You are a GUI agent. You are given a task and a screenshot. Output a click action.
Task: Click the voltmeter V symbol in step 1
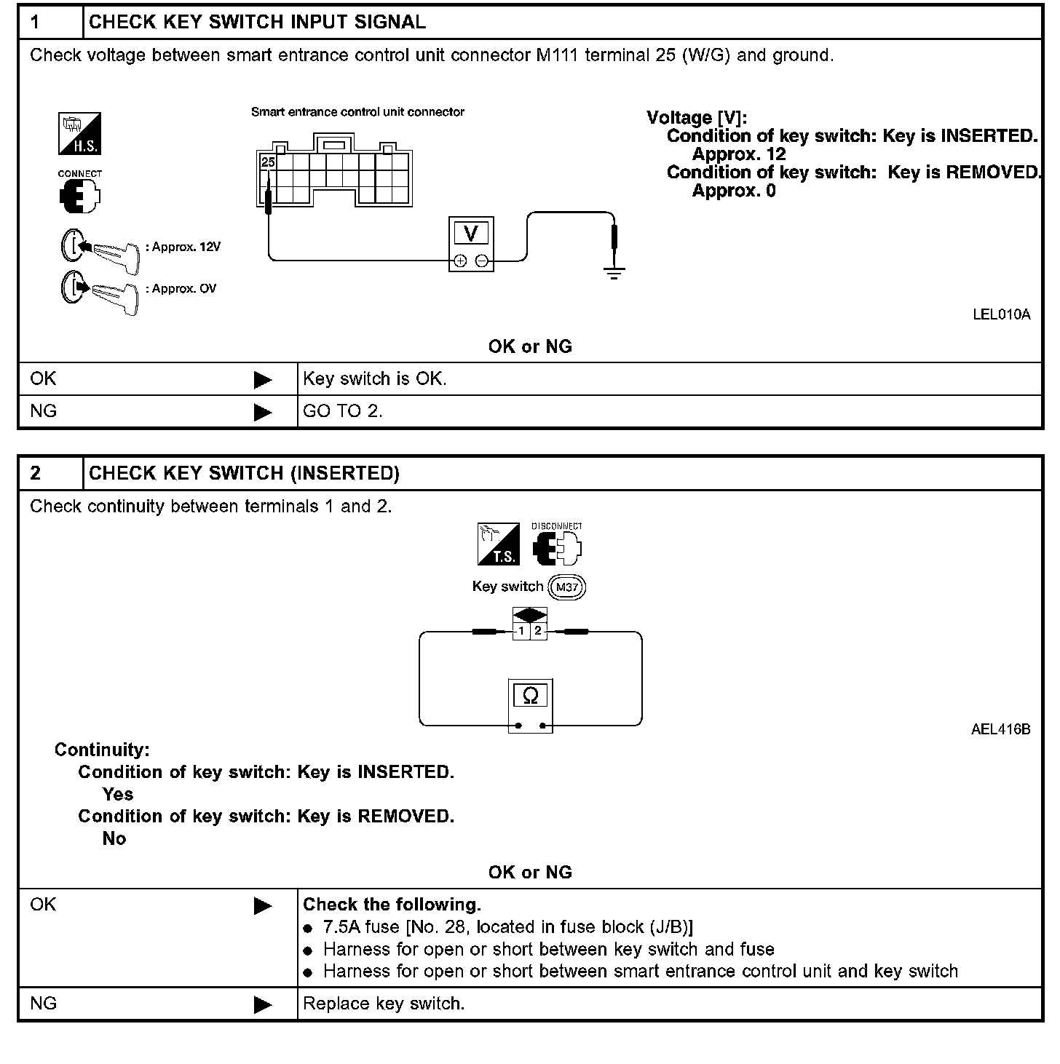click(x=471, y=233)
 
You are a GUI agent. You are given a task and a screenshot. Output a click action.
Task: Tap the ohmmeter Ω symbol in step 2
click(x=530, y=696)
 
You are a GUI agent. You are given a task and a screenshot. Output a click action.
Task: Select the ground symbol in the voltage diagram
click(x=614, y=274)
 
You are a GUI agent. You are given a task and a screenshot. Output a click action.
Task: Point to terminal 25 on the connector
click(x=268, y=162)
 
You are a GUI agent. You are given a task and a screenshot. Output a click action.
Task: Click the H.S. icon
click(x=79, y=134)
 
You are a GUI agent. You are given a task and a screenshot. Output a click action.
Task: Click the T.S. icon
click(x=498, y=544)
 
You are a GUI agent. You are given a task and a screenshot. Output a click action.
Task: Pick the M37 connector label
click(x=566, y=587)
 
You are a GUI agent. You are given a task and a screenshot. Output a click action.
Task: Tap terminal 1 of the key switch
click(x=521, y=631)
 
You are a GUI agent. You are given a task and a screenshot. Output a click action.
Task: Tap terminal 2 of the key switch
click(x=538, y=631)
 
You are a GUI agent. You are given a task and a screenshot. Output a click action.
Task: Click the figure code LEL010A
click(x=1001, y=314)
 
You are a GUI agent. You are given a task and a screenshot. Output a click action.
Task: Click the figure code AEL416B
click(x=1000, y=729)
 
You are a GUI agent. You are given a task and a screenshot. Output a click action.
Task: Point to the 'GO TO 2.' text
click(x=343, y=411)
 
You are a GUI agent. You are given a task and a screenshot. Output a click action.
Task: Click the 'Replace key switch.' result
click(x=384, y=1004)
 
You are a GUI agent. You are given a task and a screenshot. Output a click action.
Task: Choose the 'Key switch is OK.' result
click(x=375, y=378)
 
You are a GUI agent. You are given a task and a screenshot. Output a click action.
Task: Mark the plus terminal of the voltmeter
click(x=460, y=261)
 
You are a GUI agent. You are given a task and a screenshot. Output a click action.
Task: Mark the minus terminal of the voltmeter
click(x=482, y=261)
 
